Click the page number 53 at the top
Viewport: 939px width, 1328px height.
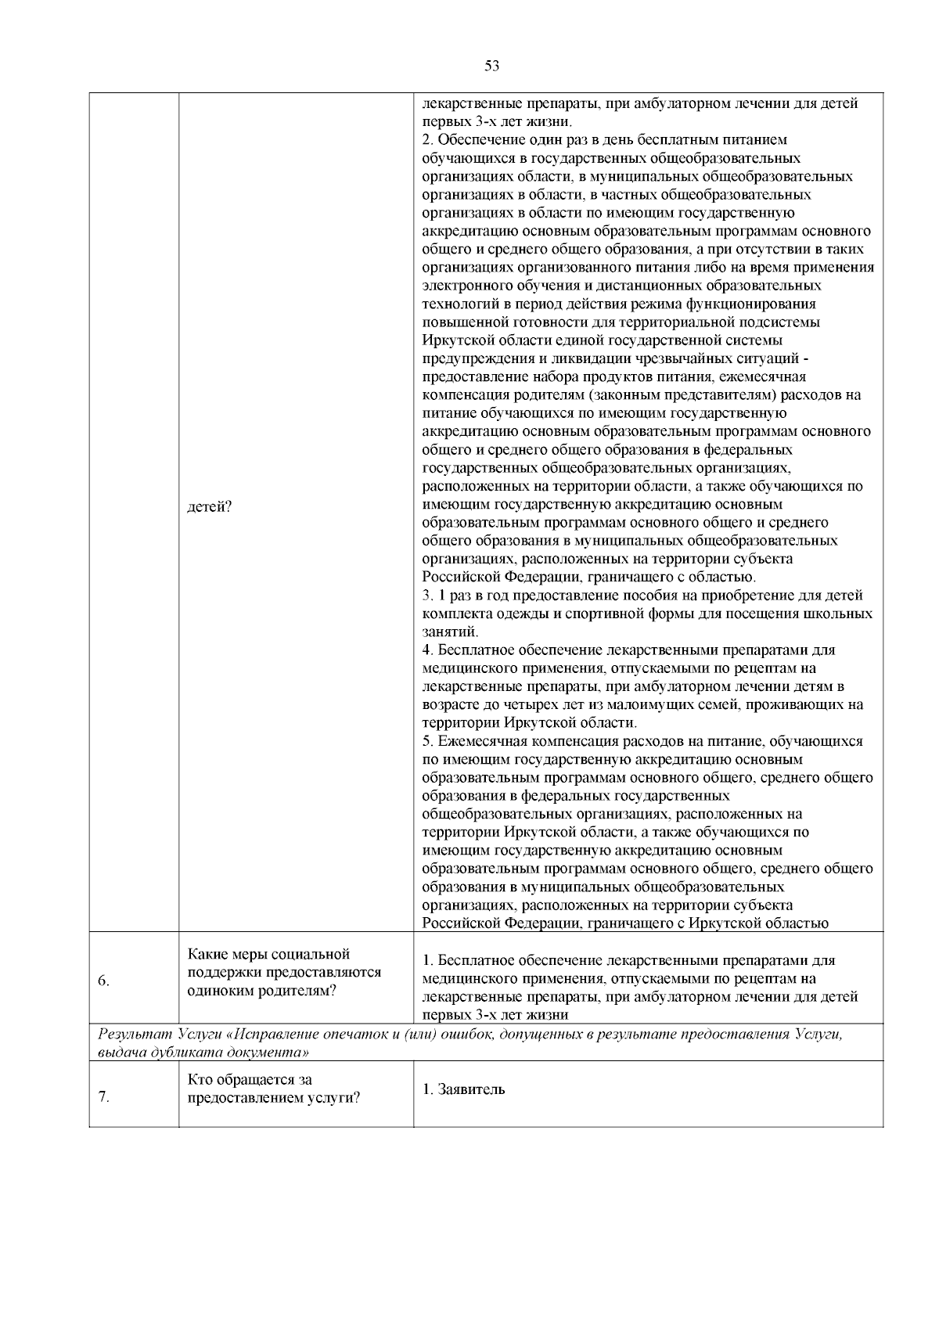point(491,66)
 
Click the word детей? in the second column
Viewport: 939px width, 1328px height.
point(209,506)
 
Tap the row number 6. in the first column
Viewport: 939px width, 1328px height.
point(104,982)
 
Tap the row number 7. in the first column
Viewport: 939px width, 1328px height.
point(104,1096)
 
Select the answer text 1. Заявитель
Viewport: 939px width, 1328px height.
point(463,1089)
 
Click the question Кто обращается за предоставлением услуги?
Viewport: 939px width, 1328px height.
point(274,1089)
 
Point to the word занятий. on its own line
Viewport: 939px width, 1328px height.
point(450,632)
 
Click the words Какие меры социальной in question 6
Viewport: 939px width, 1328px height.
point(268,954)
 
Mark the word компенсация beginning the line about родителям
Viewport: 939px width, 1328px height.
point(459,395)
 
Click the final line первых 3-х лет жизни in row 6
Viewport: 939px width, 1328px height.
point(495,1014)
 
